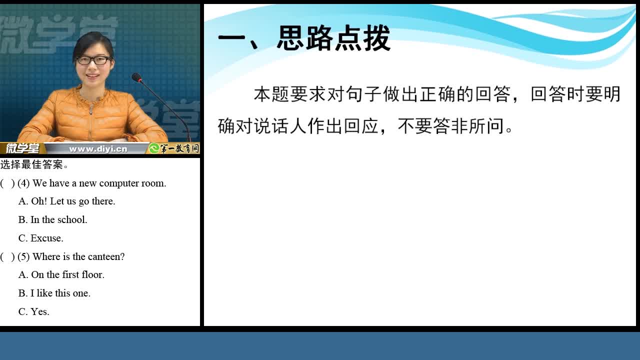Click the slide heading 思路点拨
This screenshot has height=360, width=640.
(x=333, y=38)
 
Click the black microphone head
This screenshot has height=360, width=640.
(x=137, y=77)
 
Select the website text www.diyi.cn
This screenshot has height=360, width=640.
(x=98, y=149)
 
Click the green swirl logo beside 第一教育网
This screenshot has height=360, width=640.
(x=154, y=148)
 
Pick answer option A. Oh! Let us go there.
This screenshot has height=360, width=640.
(x=67, y=201)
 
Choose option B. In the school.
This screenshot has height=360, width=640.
(x=53, y=219)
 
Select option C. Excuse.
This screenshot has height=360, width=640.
(x=41, y=238)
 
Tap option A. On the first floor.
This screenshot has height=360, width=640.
(x=61, y=274)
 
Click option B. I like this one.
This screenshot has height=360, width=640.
(x=54, y=293)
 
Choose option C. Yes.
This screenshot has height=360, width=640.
(x=33, y=311)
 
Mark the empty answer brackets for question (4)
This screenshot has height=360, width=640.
(x=7, y=183)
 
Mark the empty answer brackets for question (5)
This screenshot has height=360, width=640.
(x=7, y=256)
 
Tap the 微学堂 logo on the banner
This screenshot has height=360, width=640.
(x=23, y=148)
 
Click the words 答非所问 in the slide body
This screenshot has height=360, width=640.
(x=468, y=125)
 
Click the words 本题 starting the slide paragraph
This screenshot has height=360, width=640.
(x=271, y=94)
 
